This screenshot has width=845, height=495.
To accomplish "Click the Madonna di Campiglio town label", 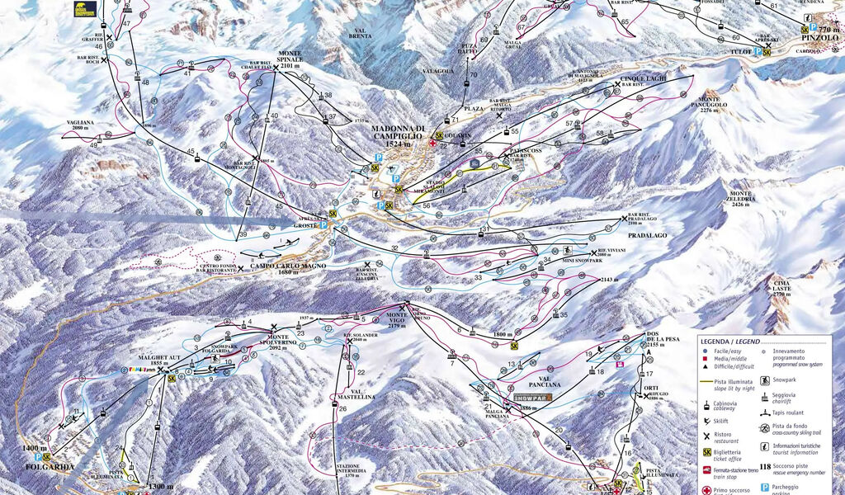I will coord(398,133).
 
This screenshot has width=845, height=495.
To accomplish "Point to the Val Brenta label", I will coord(358,34).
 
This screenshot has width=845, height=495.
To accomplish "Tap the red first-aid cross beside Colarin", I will coord(432,143).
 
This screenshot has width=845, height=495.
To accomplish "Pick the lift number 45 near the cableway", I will coord(191,152).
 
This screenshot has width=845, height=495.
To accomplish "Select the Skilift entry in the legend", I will coord(724,419).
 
